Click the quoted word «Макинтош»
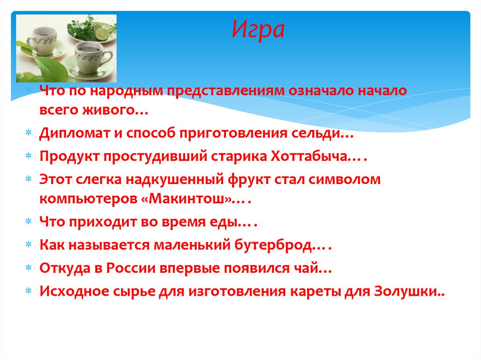[x=191, y=199]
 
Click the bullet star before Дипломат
[x=29, y=134]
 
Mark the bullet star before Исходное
[x=29, y=291]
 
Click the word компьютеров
[x=87, y=199]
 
